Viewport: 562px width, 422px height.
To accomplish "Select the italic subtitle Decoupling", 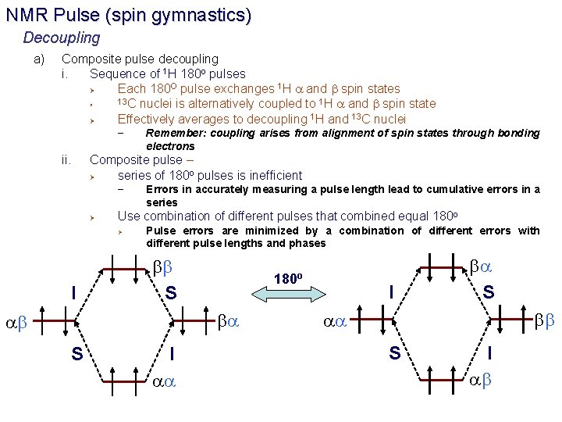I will [62, 38].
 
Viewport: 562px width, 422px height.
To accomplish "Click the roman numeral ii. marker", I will [68, 160].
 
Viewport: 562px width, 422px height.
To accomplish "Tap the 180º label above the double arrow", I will [289, 278].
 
